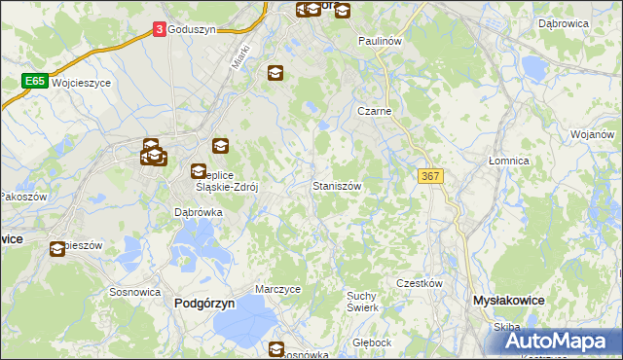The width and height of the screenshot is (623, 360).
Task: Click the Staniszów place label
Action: pyautogui.click(x=337, y=185)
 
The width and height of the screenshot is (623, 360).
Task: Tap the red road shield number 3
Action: pyautogui.click(x=159, y=30)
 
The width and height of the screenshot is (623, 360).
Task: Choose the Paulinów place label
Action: pyautogui.click(x=380, y=41)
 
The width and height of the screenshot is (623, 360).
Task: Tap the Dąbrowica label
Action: pyautogui.click(x=562, y=20)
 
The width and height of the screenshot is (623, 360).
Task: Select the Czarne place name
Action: pyautogui.click(x=374, y=112)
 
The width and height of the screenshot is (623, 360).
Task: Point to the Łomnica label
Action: pyautogui.click(x=508, y=161)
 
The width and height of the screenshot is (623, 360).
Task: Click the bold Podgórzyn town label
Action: pyautogui.click(x=204, y=304)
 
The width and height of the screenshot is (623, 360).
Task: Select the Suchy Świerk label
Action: pyautogui.click(x=362, y=301)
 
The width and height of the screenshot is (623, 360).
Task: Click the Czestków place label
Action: pyautogui.click(x=420, y=283)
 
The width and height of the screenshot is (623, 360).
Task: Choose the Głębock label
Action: pyautogui.click(x=372, y=342)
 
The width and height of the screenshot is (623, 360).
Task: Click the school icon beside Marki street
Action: pyautogui.click(x=275, y=73)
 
